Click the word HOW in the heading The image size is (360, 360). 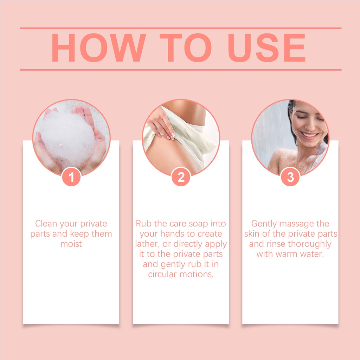pos(99,48)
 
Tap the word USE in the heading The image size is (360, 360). pos(266,48)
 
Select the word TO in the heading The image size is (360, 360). pos(186,48)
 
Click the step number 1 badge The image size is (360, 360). pos(71,177)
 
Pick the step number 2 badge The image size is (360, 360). pos(181,177)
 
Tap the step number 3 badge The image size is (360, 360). pos(290,177)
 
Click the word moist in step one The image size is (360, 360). pos(71,244)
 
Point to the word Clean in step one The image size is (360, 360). pos(47,223)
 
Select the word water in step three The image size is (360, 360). pos(311,254)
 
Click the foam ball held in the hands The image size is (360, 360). pos(68,138)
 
